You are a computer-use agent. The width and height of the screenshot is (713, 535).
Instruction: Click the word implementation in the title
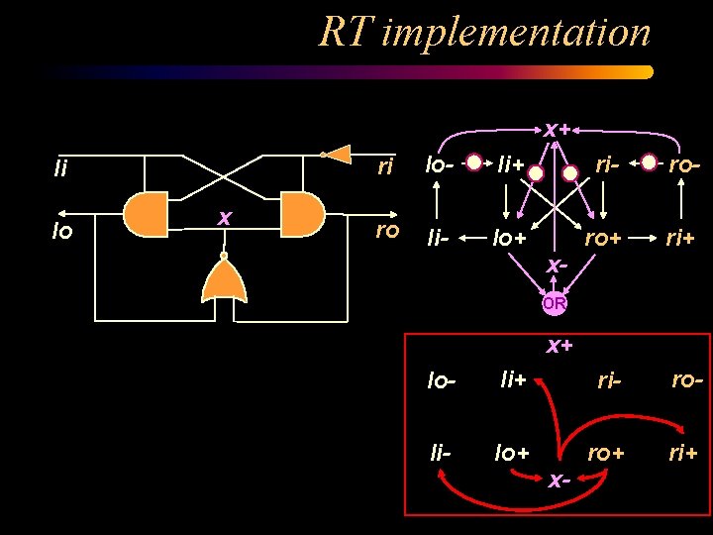click(515, 33)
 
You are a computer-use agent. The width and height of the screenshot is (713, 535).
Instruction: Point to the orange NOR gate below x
click(224, 282)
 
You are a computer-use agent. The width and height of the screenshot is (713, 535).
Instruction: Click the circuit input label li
click(61, 169)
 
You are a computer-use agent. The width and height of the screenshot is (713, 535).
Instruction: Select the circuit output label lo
click(61, 232)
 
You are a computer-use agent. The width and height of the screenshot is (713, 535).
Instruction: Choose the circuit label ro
click(386, 231)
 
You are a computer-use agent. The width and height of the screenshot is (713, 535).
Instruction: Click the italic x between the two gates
click(225, 216)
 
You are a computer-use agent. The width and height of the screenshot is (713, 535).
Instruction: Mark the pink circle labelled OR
click(555, 304)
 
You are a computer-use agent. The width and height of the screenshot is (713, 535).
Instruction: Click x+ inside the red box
click(560, 346)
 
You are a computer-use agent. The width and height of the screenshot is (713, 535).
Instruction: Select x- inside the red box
click(559, 480)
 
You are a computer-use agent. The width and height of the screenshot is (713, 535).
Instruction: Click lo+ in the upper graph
click(511, 238)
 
